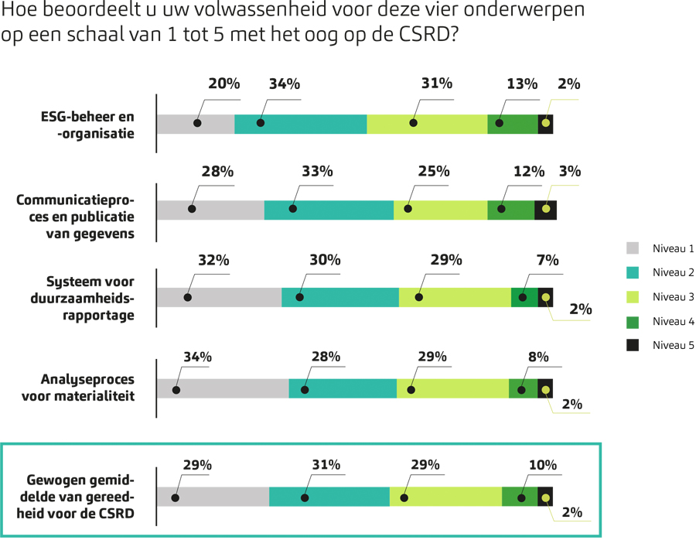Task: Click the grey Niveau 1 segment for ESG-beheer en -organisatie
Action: click(195, 124)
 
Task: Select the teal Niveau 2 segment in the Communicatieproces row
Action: click(329, 210)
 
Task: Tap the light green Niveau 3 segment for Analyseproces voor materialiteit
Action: click(452, 388)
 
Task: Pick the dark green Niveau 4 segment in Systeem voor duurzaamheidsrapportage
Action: click(524, 297)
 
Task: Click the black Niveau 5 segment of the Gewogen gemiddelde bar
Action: click(545, 497)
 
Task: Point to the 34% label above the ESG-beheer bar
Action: click(284, 84)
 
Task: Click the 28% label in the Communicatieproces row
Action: click(217, 172)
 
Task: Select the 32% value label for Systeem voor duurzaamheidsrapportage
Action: click(213, 260)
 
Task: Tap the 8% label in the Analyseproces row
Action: click(538, 357)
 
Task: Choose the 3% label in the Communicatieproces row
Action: click(569, 172)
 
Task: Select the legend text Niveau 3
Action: click(673, 297)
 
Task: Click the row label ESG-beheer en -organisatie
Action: click(87, 125)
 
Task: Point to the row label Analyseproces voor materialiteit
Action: click(87, 388)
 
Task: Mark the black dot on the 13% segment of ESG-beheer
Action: click(500, 124)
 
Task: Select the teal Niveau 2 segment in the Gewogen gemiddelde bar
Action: click(329, 497)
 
